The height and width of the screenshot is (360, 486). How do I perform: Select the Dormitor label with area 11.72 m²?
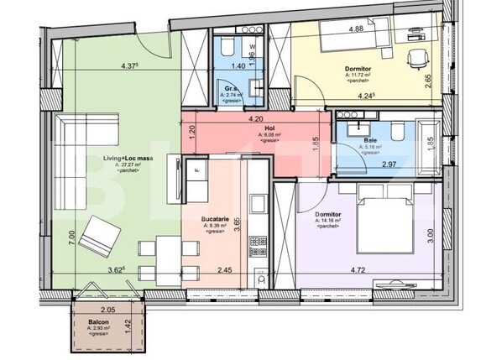click(x=359, y=69)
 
